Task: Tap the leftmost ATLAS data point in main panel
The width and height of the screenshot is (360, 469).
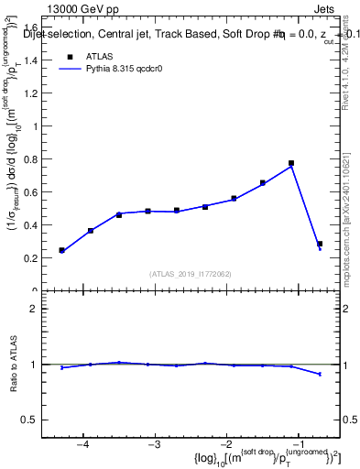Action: pos(61,250)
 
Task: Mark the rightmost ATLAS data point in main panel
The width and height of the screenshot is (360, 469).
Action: pos(320,244)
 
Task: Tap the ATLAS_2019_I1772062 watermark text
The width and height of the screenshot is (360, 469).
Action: pos(191,273)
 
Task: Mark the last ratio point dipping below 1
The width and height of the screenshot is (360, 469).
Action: pos(320,374)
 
